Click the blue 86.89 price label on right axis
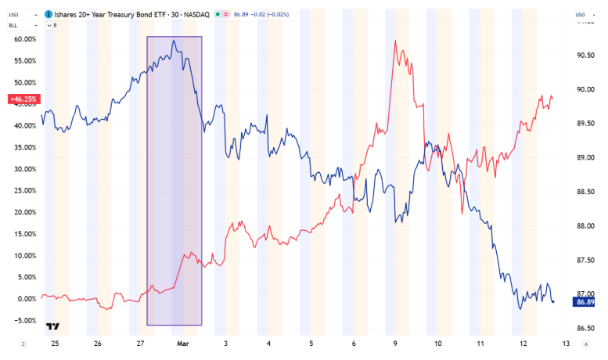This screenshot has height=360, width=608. point(585,301)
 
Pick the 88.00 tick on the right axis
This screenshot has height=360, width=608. point(585,226)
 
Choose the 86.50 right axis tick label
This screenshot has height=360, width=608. point(585,328)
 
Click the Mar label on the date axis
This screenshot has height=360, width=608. point(182,344)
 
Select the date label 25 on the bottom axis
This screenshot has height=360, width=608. point(55,344)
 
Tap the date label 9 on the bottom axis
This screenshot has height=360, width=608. point(396,344)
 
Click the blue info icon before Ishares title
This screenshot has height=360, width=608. point(49,14)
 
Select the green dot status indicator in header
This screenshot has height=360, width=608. point(216,14)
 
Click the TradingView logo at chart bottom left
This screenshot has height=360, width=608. point(53,326)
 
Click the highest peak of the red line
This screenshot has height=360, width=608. point(395,41)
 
